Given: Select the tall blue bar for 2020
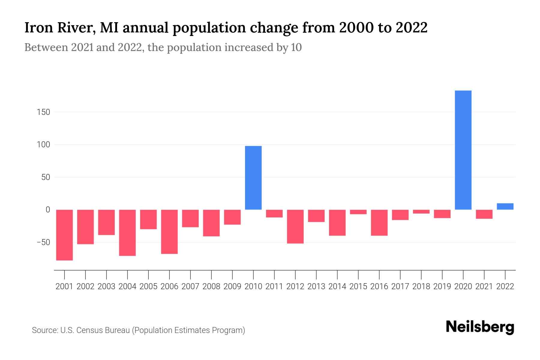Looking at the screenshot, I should point(463,150).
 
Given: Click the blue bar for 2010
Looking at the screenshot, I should point(253,178).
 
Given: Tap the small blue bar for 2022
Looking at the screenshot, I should point(505,206).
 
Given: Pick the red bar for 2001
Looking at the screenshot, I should point(64,235).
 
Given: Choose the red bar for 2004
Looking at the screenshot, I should point(127,232).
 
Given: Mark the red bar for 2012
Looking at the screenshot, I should point(295,226).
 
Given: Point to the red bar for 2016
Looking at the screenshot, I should point(379,223).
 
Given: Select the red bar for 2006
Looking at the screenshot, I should point(169,232).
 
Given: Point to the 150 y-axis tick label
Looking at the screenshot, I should point(43,112).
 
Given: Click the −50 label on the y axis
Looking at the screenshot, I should point(43,242).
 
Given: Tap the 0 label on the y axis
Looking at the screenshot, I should point(47,210).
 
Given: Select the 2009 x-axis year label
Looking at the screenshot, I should point(232,286).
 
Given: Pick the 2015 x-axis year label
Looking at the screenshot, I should point(358,286).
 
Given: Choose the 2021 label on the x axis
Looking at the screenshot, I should point(484,286).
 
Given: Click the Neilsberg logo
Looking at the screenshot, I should point(480,327).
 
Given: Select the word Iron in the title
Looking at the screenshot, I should point(34,28).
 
